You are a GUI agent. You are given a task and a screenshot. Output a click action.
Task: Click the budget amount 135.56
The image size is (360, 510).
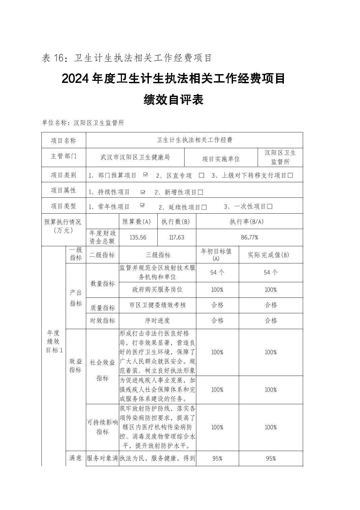[138, 237]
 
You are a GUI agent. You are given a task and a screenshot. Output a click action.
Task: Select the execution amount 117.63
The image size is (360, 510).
[177, 237]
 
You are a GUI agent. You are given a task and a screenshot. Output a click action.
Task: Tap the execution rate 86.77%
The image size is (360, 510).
[249, 237]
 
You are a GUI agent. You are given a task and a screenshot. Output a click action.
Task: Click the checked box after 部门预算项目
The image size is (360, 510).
[145, 174]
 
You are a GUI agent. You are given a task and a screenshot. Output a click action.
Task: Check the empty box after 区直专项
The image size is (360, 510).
[202, 176]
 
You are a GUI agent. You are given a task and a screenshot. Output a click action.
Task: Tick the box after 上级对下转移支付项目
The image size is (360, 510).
[290, 176]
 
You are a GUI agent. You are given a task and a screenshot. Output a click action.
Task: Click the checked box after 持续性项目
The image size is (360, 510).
[143, 192]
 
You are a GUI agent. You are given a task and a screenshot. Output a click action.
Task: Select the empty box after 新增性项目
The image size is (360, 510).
[201, 192]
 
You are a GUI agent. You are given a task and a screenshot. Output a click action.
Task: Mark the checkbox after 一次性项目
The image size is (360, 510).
[270, 206]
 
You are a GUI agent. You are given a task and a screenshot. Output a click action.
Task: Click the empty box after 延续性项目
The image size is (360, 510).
[204, 207]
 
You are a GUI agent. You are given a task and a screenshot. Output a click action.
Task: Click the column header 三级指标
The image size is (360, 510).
[158, 255]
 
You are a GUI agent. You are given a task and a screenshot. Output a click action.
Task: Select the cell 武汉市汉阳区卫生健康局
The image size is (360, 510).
[135, 157]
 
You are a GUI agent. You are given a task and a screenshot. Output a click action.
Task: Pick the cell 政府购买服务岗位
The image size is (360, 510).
[158, 290]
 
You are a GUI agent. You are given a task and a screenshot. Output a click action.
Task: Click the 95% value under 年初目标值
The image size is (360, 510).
[217, 458]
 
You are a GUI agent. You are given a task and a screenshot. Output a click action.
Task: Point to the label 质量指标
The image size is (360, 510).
[102, 308]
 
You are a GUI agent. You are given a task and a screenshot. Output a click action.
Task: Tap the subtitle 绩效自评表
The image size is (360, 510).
[173, 100]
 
